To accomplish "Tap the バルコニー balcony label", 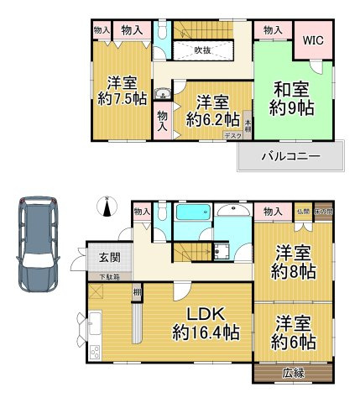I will click(x=290, y=154).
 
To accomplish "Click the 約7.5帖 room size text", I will click(x=123, y=99).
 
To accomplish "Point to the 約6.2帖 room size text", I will click(x=214, y=119).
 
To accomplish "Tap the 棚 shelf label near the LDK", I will click(x=136, y=291).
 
